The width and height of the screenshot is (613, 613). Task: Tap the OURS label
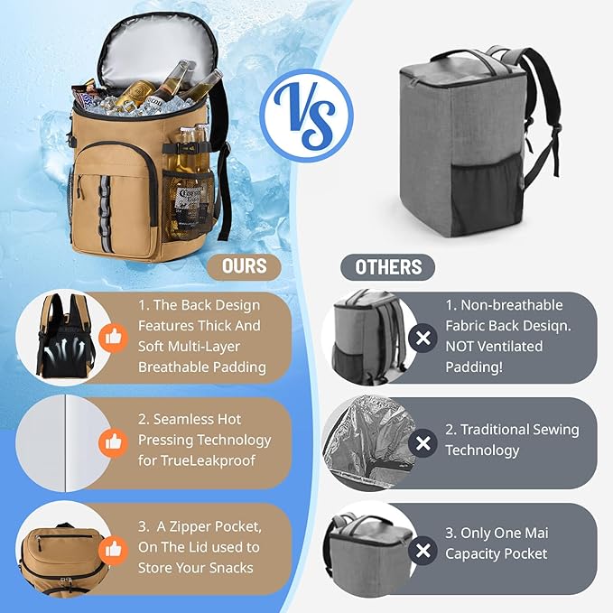[244, 266]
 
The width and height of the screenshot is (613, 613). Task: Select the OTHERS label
[388, 267]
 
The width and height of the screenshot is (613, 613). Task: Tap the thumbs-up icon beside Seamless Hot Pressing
[113, 441]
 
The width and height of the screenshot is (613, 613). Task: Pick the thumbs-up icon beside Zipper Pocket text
[113, 547]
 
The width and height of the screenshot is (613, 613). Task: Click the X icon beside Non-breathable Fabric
[422, 338]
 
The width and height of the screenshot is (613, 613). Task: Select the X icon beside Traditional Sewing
[422, 442]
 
